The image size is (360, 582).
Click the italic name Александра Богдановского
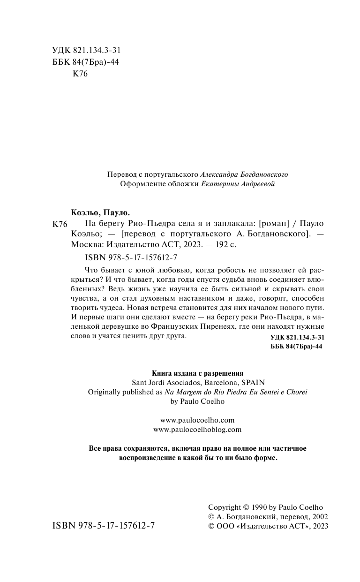[x=244, y=174]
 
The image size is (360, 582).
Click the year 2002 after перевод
[x=319, y=516]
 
